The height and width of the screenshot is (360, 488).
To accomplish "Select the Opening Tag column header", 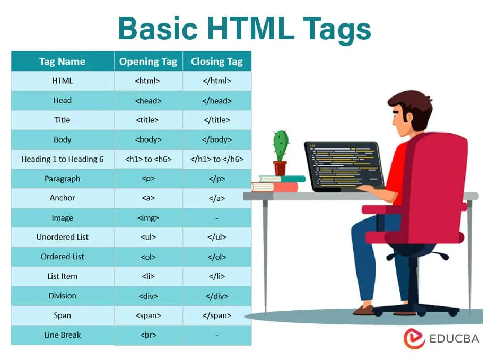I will [148, 62].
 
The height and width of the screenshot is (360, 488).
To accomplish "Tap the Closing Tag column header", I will [217, 62].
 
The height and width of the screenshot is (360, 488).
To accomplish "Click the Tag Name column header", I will [62, 62].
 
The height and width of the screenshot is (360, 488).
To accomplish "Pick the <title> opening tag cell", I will [148, 120].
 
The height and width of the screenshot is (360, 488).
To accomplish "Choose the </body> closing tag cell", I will [217, 139].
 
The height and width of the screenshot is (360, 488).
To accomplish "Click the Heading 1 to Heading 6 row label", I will [62, 159].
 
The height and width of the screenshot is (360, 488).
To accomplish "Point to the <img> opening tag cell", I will [148, 218].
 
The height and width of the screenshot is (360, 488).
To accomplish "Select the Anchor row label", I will [62, 198].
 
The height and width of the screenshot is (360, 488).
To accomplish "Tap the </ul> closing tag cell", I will [217, 237].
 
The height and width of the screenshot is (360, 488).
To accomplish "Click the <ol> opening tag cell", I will [148, 257].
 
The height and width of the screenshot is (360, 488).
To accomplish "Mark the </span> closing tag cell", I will [217, 315].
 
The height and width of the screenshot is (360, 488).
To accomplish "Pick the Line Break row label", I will [62, 335].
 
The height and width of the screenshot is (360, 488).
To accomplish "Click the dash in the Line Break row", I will [217, 335].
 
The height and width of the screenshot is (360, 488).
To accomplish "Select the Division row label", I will [62, 296].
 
